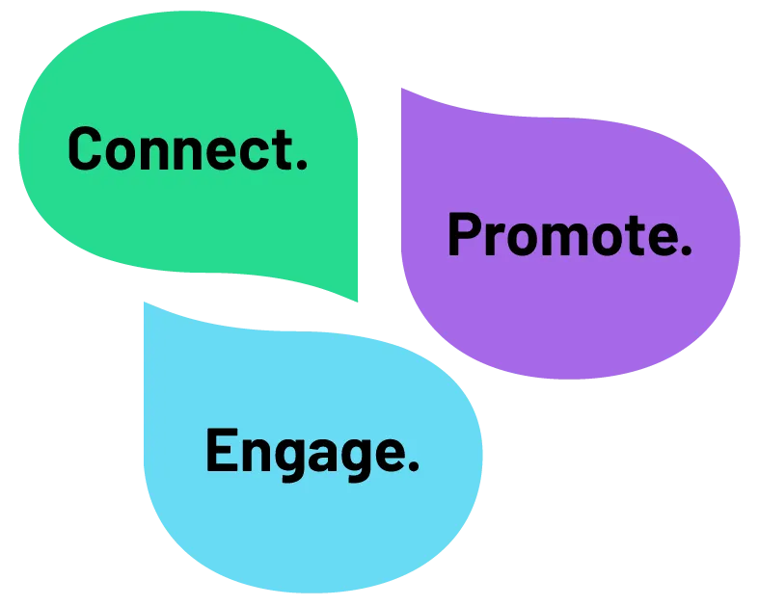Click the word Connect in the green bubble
click(x=180, y=148)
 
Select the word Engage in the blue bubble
click(x=306, y=454)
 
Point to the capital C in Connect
click(x=85, y=148)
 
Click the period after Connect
click(x=302, y=164)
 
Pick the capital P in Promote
click(x=464, y=234)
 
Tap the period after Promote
click(x=686, y=249)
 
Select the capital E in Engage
click(x=222, y=449)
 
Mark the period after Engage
click(x=414, y=464)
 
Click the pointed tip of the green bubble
click(x=357, y=301)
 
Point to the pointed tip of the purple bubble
click(x=402, y=89)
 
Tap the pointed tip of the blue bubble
click(x=145, y=303)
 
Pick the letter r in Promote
click(x=493, y=239)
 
